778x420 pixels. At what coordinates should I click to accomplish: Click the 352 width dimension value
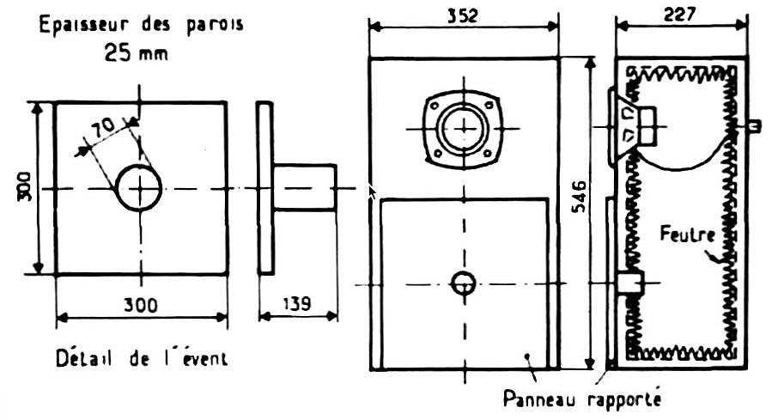(x=464, y=15)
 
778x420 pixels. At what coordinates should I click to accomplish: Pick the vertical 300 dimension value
(x=24, y=188)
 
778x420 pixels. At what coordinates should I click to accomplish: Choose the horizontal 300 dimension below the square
(x=141, y=304)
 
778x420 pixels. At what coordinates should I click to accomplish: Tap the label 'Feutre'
(x=684, y=233)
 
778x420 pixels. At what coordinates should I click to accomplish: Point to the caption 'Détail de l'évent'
(x=141, y=358)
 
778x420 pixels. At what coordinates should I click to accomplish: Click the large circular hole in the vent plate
(x=139, y=188)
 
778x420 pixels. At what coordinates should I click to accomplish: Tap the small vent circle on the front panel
(x=464, y=283)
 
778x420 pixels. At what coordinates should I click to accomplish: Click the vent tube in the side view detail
(x=305, y=188)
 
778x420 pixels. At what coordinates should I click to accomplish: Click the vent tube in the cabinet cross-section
(x=630, y=282)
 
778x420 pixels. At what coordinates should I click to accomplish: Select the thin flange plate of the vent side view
(x=264, y=188)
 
